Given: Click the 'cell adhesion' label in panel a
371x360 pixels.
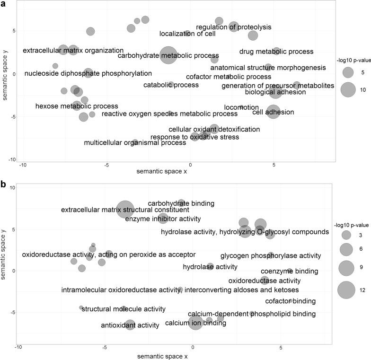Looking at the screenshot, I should tap(273, 112).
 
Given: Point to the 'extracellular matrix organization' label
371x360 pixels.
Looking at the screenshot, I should tap(73, 50).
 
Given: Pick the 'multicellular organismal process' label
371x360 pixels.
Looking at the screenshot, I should tap(135, 142).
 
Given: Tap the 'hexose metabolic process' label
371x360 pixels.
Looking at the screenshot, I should tap(77, 106).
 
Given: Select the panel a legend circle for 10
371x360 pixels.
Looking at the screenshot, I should tap(348, 89).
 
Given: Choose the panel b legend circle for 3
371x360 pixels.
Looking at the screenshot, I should tap(346, 235).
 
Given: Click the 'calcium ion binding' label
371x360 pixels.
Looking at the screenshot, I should tap(195, 324).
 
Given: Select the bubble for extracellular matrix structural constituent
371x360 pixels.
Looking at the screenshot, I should tap(125, 209).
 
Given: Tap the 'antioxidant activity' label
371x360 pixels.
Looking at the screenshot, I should tap(130, 325).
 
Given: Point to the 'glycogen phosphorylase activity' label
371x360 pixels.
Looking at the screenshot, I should tap(271, 256).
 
